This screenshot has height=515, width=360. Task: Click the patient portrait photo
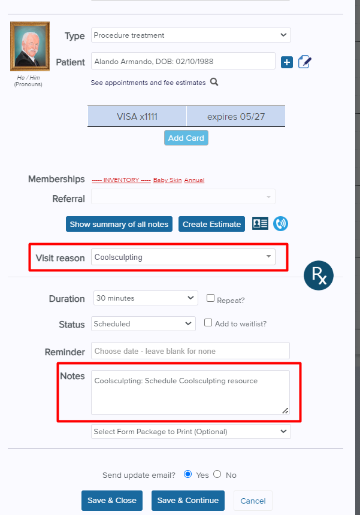pyautogui.click(x=30, y=46)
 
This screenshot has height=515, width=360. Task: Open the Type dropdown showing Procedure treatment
pyautogui.click(x=190, y=35)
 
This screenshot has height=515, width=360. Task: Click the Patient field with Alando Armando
pyautogui.click(x=183, y=61)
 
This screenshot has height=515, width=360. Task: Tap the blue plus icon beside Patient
pyautogui.click(x=287, y=62)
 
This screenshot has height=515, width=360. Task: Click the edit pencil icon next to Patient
pyautogui.click(x=305, y=62)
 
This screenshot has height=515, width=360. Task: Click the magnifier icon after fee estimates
pyautogui.click(x=214, y=82)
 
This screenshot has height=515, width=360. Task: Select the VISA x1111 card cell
pyautogui.click(x=137, y=116)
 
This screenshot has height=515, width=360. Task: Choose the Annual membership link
pyautogui.click(x=194, y=180)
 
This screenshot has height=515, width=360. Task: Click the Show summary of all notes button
pyautogui.click(x=119, y=224)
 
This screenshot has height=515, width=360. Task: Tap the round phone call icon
pyautogui.click(x=280, y=224)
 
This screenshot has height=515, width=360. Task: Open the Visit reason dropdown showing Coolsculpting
pyautogui.click(x=183, y=257)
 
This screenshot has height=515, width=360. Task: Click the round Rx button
pyautogui.click(x=319, y=276)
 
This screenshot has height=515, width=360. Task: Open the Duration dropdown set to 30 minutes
pyautogui.click(x=146, y=298)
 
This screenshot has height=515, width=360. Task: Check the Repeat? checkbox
pyautogui.click(x=211, y=298)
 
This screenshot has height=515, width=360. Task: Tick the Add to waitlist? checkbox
pyautogui.click(x=208, y=323)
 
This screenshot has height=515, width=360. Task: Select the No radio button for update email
pyautogui.click(x=217, y=474)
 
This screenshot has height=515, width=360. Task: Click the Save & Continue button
pyautogui.click(x=188, y=501)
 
